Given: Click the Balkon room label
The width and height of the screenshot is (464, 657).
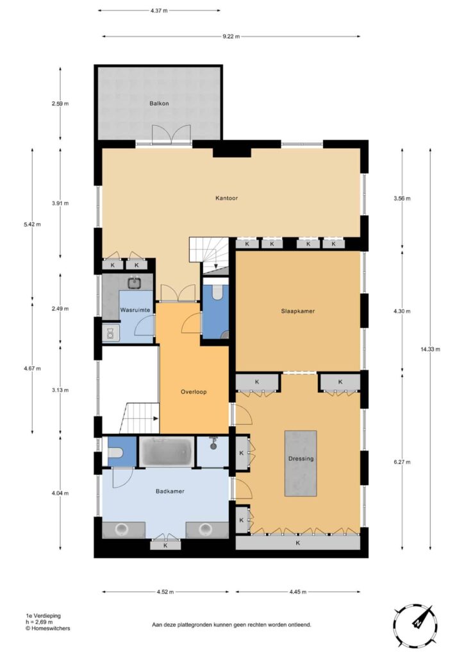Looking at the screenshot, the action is [159, 103].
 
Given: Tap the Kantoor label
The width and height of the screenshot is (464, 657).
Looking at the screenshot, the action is [226, 198].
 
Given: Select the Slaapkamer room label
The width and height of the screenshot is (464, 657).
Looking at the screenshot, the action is [297, 311].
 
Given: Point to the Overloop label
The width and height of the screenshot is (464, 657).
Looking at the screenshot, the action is [194, 392].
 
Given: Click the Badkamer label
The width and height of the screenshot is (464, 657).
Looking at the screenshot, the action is [170, 491].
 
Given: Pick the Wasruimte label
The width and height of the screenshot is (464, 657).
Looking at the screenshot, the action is [135, 310].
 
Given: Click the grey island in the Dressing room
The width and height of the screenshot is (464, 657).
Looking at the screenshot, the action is [301, 463].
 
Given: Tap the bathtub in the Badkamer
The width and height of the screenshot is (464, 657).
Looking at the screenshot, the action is [167, 451].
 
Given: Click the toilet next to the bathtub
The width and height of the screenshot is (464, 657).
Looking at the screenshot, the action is [115, 453].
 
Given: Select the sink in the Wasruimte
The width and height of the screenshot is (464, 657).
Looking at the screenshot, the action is [134, 283].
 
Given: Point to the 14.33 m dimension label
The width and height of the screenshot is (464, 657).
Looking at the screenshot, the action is [430, 349].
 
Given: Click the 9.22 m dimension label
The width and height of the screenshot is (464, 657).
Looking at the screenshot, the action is [231, 37].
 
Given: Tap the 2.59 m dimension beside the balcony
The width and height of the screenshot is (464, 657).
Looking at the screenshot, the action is [60, 103].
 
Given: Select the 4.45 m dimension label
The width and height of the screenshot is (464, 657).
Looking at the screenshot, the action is [297, 592].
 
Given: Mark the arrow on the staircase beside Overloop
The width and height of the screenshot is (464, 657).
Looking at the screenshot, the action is [155, 418].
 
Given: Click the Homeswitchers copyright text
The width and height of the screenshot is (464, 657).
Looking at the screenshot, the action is [47, 628].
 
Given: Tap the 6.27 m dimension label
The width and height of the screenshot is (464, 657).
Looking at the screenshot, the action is [402, 462].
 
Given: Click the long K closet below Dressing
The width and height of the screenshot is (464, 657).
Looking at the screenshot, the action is [298, 542].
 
